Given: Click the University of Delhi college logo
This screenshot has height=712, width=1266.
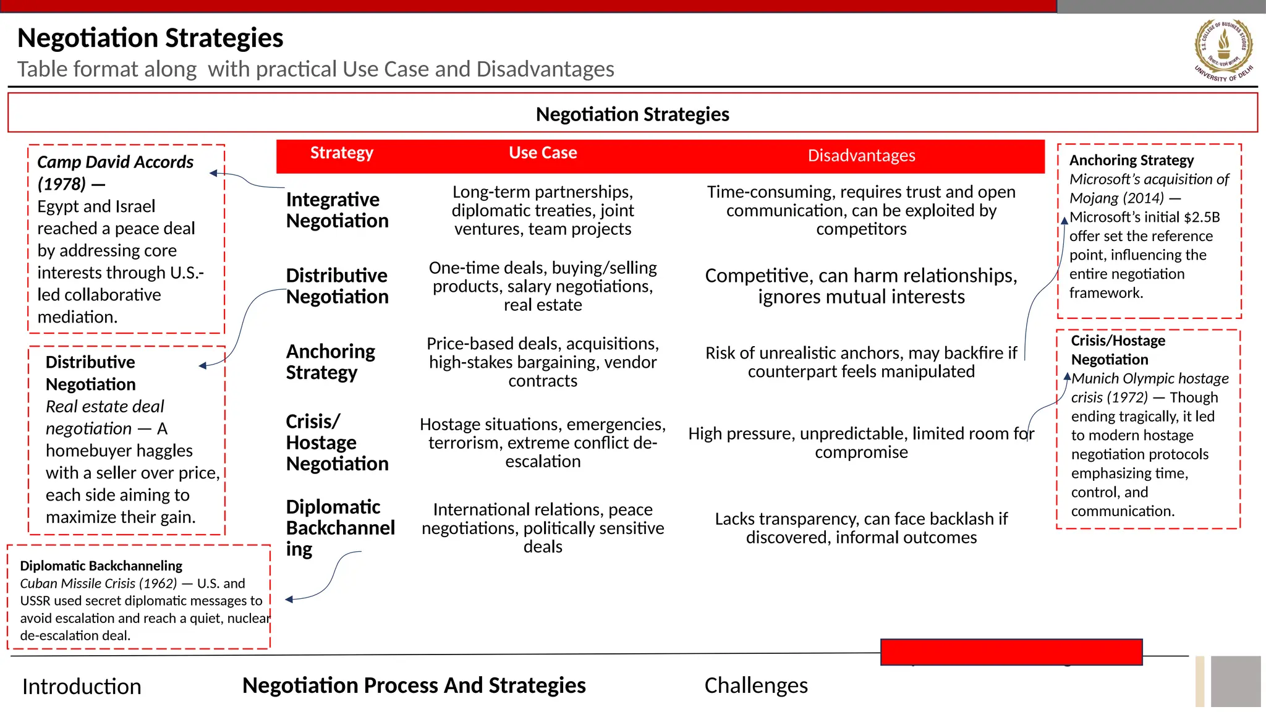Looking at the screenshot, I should click(x=1223, y=49).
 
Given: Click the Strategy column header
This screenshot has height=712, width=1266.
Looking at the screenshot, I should click(x=341, y=153).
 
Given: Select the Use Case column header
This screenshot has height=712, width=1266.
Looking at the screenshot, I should click(x=543, y=153).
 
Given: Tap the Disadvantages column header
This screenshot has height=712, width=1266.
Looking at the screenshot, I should click(x=861, y=156).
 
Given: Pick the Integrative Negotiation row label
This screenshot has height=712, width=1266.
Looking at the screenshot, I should click(x=337, y=210).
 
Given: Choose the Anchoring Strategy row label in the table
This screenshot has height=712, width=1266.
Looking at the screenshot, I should click(x=330, y=362).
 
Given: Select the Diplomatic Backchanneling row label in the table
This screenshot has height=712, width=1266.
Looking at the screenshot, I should click(x=339, y=528).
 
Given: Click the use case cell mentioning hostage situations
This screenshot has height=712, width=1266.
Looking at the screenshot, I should click(x=543, y=443).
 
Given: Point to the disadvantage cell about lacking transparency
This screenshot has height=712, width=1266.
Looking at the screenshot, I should click(x=861, y=528).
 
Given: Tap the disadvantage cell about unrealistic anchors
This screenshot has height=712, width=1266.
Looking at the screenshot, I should click(x=861, y=362).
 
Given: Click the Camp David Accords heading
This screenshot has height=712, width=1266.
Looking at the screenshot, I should click(x=115, y=163).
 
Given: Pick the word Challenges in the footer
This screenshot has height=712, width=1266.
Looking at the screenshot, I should click(x=756, y=685).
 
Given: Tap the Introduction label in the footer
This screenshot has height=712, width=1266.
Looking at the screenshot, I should click(x=82, y=687).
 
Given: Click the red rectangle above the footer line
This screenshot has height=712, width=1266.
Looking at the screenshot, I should click(x=1011, y=652).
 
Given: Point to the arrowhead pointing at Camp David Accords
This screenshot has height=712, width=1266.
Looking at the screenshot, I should click(x=213, y=174).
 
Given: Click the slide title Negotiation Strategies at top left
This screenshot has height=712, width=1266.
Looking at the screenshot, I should click(x=150, y=38).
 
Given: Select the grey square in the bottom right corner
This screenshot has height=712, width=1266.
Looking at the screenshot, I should click(x=1235, y=681).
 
